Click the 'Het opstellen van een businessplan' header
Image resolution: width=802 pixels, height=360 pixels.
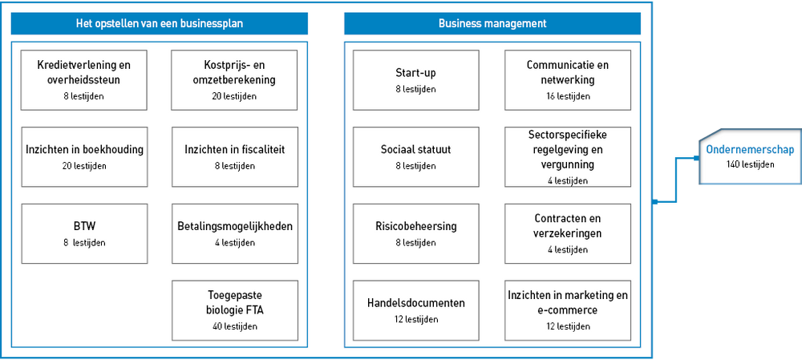click(159, 23)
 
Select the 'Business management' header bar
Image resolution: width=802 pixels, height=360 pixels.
click(492, 23)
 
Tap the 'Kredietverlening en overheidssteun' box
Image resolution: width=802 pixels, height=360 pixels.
click(84, 79)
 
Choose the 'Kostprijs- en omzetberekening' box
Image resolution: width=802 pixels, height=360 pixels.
click(234, 79)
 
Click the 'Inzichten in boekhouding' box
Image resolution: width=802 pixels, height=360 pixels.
click(84, 156)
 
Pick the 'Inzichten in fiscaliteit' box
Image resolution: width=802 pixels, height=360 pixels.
click(235, 156)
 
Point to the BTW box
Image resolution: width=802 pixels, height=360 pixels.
click(84, 233)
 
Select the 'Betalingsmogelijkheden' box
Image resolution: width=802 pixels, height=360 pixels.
click(235, 233)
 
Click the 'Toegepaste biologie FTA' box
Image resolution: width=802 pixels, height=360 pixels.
click(235, 310)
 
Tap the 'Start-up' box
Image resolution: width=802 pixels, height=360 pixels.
click(415, 79)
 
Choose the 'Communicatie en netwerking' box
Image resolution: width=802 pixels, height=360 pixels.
click(568, 79)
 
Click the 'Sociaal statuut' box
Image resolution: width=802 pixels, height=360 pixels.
click(415, 156)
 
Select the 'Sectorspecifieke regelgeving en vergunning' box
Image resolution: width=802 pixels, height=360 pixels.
click(568, 156)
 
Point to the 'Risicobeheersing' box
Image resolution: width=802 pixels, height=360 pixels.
click(415, 233)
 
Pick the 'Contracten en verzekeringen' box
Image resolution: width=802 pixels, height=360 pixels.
click(568, 233)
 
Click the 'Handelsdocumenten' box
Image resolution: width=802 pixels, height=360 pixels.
click(415, 310)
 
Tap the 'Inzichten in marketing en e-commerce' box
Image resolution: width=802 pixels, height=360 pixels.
click(568, 310)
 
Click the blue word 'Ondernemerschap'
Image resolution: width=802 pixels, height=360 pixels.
click(750, 150)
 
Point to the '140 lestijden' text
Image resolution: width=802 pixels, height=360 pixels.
click(750, 164)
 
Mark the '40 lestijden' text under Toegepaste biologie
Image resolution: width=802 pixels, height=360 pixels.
click(235, 326)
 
